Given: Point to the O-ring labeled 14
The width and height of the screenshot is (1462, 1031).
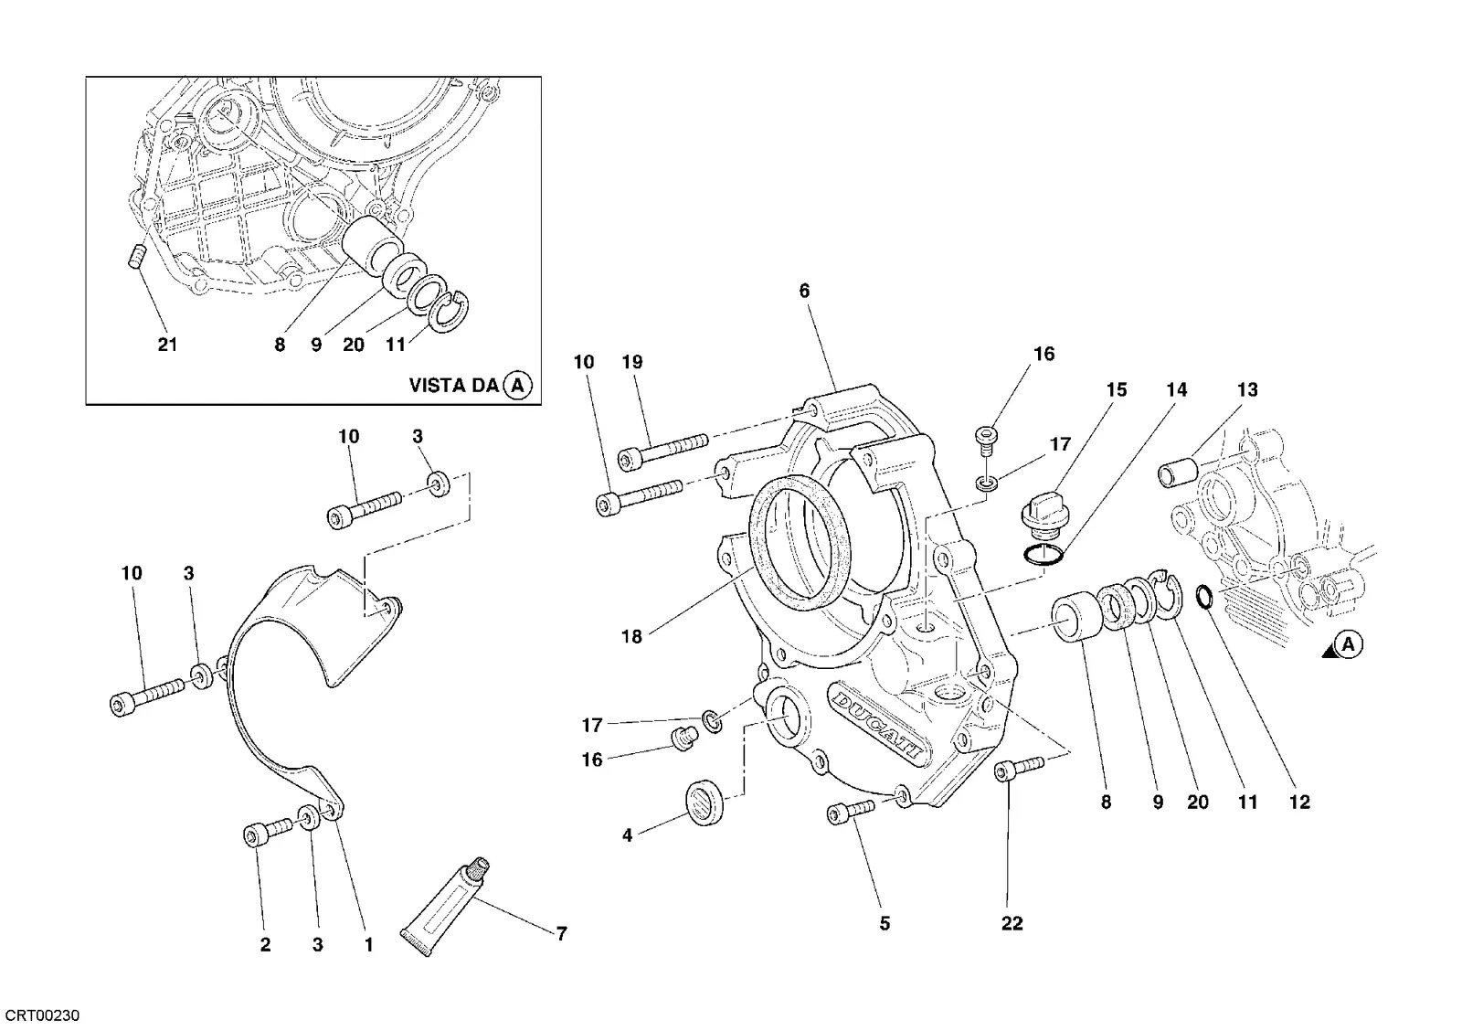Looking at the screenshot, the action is coord(1043,555).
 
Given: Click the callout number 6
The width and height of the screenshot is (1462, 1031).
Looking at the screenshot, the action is coord(804,292).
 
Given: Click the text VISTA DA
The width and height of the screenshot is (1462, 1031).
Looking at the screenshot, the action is coord(454,385).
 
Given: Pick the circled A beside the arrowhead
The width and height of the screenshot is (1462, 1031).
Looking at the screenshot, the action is coord(1349,645).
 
